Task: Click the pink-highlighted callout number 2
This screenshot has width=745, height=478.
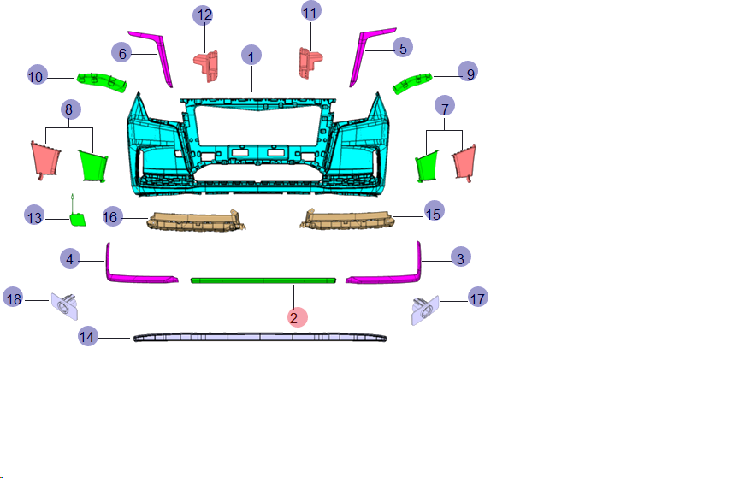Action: point(298,317)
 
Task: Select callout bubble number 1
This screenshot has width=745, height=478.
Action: point(251,55)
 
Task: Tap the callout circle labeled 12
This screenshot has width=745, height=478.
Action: point(203,15)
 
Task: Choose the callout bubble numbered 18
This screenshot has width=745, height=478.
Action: point(13,298)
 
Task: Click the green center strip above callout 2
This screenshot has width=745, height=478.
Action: point(263,280)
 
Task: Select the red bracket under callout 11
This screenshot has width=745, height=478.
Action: point(310,62)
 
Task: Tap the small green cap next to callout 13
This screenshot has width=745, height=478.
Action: point(78,220)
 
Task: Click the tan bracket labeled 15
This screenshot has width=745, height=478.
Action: point(347,220)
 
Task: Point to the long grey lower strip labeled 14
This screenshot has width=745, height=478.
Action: point(260,338)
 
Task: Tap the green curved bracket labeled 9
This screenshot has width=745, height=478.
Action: point(411,83)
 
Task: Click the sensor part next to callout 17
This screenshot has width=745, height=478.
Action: point(425,310)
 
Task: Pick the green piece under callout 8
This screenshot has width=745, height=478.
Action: point(93,165)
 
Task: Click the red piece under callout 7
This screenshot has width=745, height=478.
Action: point(464,162)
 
